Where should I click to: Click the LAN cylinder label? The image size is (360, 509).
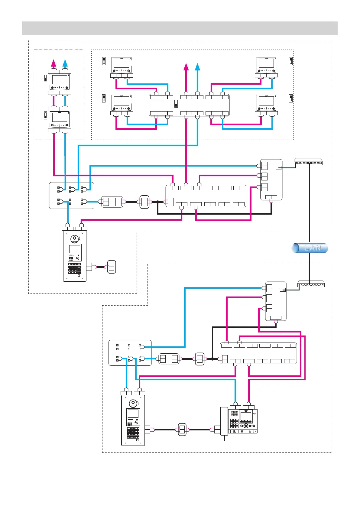(310, 248)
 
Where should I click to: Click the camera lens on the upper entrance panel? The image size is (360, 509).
(74, 239)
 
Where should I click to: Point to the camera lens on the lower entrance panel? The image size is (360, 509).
(133, 404)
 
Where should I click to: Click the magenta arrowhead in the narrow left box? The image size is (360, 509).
(54, 63)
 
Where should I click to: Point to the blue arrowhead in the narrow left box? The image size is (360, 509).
(65, 63)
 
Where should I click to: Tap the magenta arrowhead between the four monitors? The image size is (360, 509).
(186, 66)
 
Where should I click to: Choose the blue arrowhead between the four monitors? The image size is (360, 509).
(197, 66)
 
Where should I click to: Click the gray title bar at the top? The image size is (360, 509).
(180, 28)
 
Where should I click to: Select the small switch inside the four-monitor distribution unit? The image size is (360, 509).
(176, 104)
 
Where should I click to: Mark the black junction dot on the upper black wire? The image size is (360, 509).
(157, 202)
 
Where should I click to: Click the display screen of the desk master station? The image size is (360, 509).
(246, 417)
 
